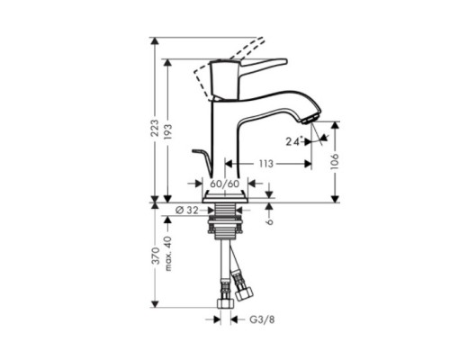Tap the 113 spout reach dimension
pyautogui.click(x=267, y=164)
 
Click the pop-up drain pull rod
pyautogui.click(x=202, y=162)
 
